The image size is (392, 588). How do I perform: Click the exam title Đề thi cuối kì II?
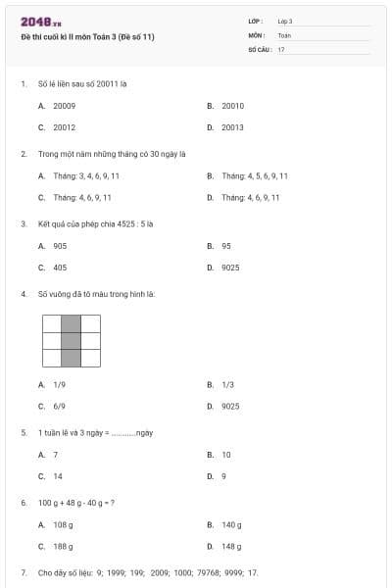tap(87, 37)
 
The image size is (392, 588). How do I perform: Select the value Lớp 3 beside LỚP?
tap(285, 21)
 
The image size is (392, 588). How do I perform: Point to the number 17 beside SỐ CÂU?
tap(281, 48)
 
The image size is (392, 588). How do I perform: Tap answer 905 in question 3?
tap(61, 246)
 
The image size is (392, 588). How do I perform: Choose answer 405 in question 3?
tap(61, 267)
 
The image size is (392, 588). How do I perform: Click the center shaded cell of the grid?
tap(71, 341)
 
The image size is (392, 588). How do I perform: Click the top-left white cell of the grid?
tap(51, 323)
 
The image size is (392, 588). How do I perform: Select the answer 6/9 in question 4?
tap(60, 406)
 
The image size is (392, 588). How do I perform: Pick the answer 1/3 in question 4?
tap(227, 385)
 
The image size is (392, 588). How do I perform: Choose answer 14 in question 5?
tap(57, 475)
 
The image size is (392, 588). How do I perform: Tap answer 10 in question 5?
tap(226, 455)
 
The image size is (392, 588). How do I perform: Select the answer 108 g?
tap(64, 525)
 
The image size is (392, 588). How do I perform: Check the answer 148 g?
tap(231, 546)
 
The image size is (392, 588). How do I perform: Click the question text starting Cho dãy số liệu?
tap(147, 571)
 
